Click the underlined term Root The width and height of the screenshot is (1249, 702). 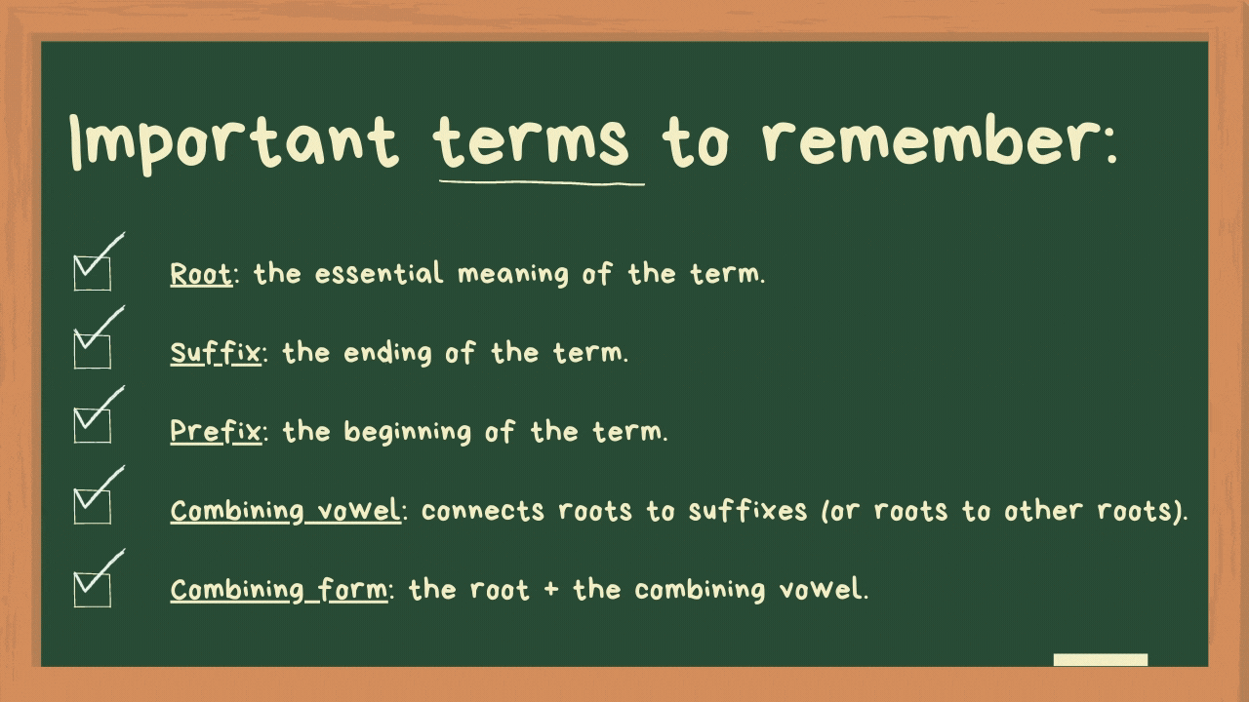tap(201, 274)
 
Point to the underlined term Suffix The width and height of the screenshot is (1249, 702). tap(216, 352)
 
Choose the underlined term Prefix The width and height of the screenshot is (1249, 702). tap(216, 431)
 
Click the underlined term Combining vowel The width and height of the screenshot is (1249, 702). tap(285, 510)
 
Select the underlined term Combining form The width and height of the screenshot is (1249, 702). tap(278, 589)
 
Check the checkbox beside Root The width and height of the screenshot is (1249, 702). tap(93, 272)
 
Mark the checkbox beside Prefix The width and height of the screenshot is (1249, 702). tap(93, 425)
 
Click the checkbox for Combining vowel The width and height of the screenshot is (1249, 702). tap(93, 505)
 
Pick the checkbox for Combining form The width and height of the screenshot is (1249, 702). tap(93, 588)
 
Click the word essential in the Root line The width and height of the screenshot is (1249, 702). tap(379, 274)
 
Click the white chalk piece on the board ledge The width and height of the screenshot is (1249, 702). tap(1101, 660)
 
